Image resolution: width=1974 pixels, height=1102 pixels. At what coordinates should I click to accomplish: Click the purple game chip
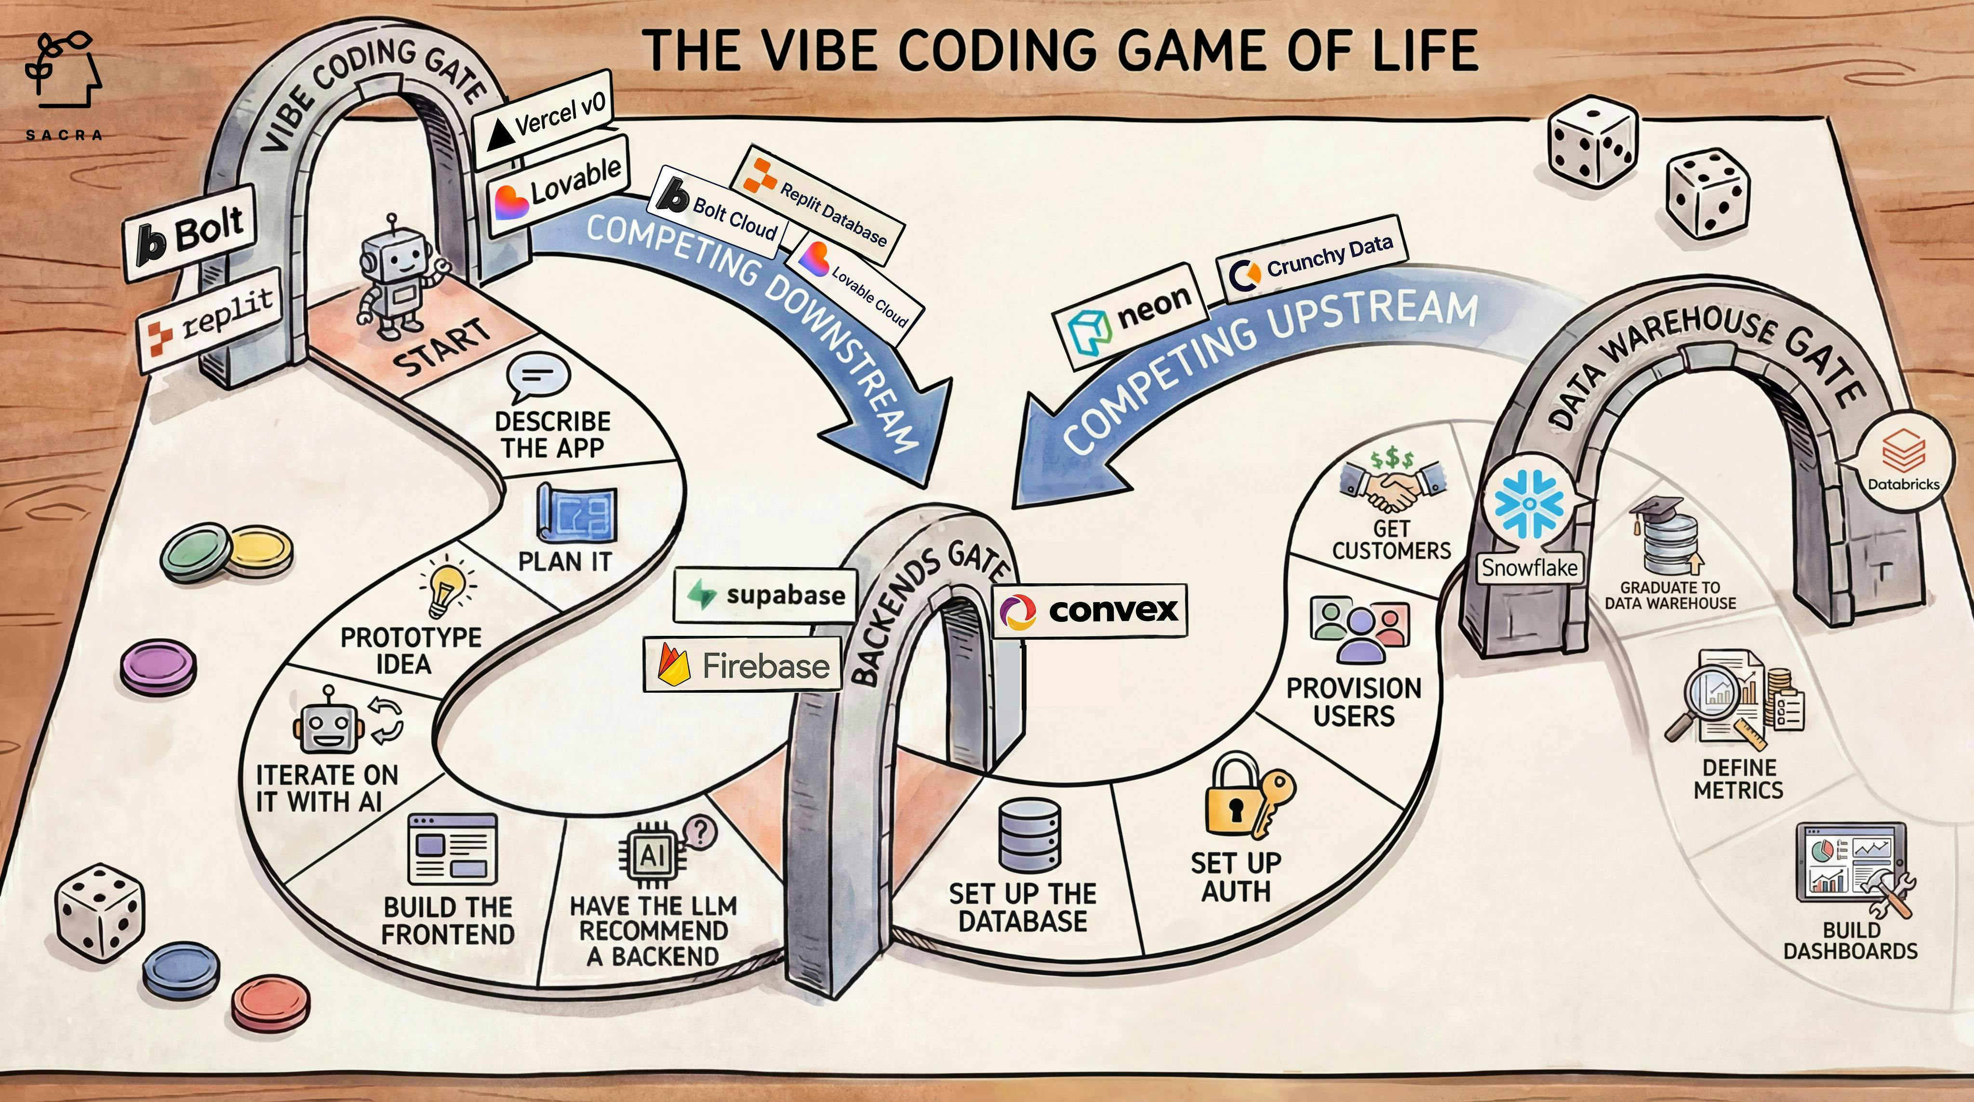pos(158,666)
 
